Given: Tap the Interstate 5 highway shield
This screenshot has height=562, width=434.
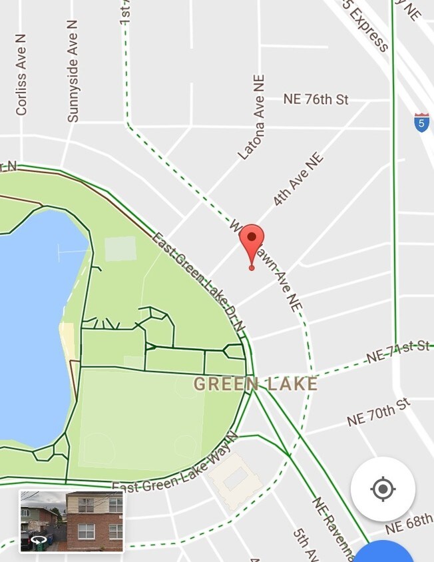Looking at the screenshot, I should (421, 123).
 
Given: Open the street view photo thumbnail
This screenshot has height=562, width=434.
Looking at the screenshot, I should (72, 521).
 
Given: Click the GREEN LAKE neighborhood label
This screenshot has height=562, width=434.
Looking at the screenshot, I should (255, 384).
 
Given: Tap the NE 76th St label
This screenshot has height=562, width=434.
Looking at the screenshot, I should (316, 99).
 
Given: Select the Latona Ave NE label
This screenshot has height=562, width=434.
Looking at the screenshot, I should (252, 117).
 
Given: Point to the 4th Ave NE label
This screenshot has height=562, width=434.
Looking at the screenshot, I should (298, 179).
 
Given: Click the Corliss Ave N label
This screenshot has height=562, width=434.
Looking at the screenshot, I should (21, 75).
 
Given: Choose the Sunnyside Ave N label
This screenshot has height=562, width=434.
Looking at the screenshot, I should (73, 71).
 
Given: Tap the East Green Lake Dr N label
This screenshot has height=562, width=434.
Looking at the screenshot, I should (198, 282).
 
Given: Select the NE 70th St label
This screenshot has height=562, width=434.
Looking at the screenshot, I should (378, 413).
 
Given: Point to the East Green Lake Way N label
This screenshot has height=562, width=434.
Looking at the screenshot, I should (175, 466).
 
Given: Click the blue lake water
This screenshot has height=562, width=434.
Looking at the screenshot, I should (33, 320).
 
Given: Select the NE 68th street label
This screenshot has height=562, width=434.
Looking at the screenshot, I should (409, 523).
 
